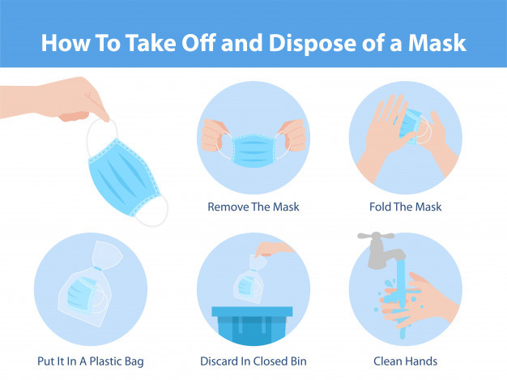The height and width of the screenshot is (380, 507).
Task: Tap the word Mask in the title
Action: [x=435, y=42]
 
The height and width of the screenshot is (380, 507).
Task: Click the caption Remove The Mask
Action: [x=253, y=207]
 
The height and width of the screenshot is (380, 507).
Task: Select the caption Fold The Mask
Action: [x=405, y=207]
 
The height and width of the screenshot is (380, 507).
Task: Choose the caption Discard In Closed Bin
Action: [x=253, y=361]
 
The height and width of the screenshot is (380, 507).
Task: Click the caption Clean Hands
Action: [x=405, y=361]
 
